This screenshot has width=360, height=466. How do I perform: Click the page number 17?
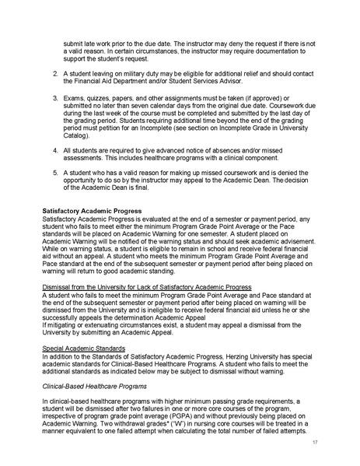[316, 442]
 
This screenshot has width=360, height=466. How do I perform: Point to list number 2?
[55, 72]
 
